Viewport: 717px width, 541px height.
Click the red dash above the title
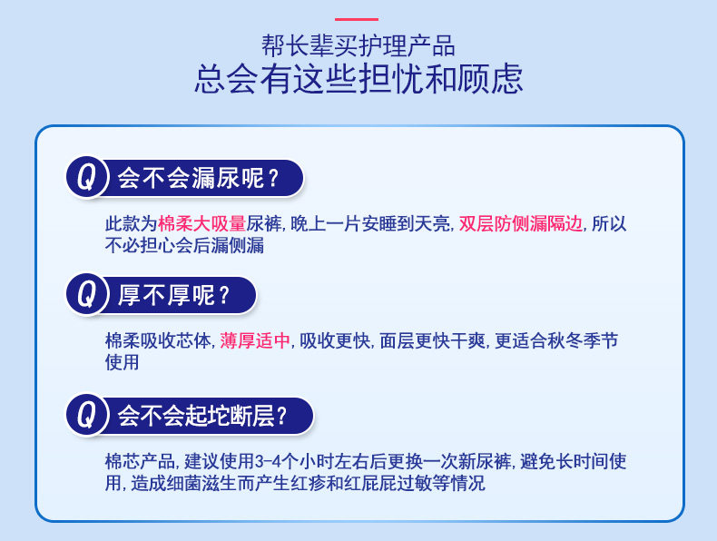357,19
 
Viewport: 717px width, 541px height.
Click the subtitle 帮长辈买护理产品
358,45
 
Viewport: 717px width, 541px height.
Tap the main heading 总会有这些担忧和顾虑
358,79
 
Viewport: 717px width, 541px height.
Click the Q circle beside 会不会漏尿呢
86,177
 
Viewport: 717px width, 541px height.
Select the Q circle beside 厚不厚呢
86,294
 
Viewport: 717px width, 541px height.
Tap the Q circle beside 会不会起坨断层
86,415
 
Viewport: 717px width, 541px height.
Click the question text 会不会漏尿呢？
198,178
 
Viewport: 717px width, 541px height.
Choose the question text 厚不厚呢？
173,295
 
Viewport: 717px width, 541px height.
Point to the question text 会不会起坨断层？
202,416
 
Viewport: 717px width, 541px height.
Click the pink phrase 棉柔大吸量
202,223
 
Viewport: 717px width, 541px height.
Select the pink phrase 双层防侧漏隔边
521,223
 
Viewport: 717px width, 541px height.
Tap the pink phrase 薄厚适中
255,340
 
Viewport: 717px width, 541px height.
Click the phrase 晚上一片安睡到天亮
370,223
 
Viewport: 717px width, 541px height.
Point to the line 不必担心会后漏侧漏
185,246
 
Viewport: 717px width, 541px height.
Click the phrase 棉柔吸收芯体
158,340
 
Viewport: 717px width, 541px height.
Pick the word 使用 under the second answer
123,363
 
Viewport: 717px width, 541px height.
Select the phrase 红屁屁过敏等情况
414,484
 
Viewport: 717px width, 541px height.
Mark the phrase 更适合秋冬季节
556,340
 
